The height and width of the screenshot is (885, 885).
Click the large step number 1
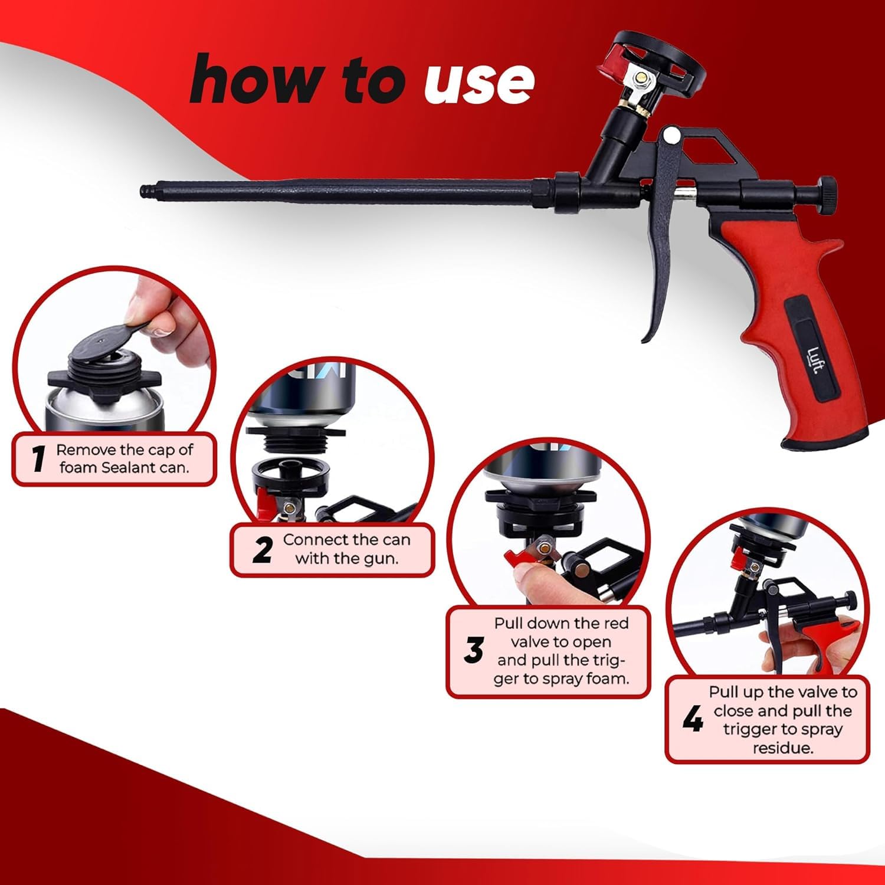tap(39, 458)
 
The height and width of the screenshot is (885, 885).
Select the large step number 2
tap(262, 549)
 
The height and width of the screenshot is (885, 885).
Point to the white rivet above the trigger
tap(670, 136)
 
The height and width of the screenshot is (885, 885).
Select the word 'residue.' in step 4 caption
tap(783, 749)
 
